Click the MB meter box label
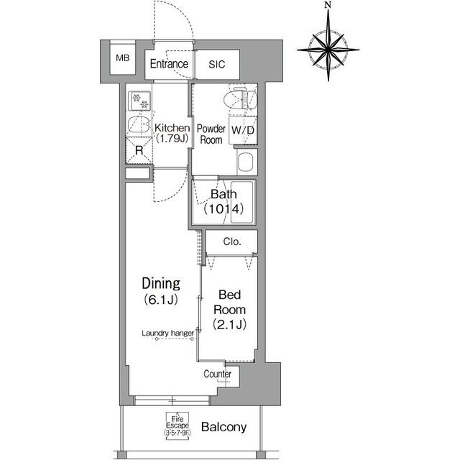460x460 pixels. click(x=123, y=58)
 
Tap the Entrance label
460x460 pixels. click(x=169, y=64)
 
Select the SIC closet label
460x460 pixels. click(x=217, y=64)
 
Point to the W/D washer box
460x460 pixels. click(x=243, y=130)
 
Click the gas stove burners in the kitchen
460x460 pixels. click(x=139, y=101)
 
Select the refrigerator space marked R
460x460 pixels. click(x=139, y=150)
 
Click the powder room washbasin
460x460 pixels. click(x=246, y=162)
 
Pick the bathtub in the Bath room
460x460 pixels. click(x=241, y=202)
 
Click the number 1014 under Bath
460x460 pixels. click(x=224, y=209)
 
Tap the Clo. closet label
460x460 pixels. click(x=232, y=241)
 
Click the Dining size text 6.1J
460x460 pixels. click(x=161, y=300)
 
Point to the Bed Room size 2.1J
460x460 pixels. click(x=230, y=324)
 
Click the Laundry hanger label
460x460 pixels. click(x=167, y=333)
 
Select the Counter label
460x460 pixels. click(x=217, y=374)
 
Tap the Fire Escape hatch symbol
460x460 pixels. click(x=178, y=426)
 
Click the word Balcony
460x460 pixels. click(x=224, y=427)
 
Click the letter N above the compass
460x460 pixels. click(x=328, y=5)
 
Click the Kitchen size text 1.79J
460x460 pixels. click(x=172, y=139)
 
